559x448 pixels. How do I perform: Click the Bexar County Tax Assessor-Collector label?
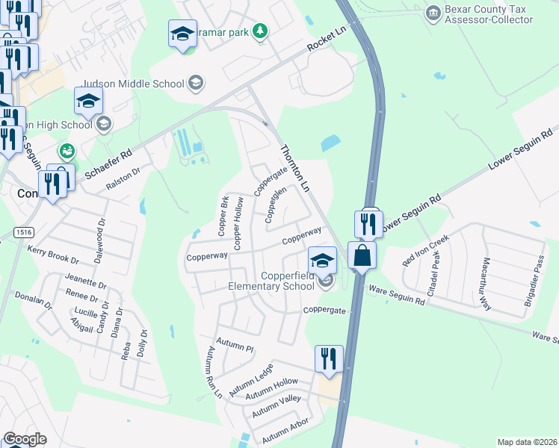point(490,14)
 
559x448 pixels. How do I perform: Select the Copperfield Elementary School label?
point(288,281)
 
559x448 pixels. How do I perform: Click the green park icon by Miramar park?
point(260,31)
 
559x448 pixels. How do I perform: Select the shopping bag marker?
point(362,255)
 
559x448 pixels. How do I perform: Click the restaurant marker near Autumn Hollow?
point(329,358)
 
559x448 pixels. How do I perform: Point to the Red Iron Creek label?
point(426,250)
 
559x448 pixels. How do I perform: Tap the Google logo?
point(25,439)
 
